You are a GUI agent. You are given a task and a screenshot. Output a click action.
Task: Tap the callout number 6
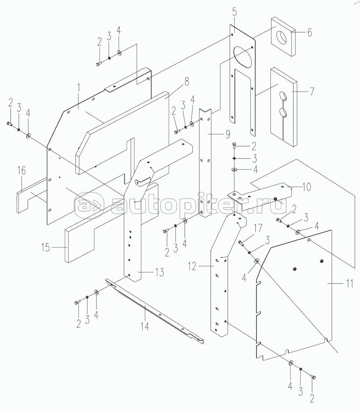310,32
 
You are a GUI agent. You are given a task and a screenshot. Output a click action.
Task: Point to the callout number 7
312,91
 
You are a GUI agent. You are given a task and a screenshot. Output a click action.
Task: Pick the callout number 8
187,82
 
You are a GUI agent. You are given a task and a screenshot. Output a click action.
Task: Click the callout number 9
228,134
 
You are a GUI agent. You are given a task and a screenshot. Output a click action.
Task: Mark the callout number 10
307,187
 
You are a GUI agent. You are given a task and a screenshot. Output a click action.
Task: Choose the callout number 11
350,283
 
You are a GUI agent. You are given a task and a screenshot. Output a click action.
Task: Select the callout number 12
192,266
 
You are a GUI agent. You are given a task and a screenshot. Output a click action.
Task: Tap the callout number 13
159,272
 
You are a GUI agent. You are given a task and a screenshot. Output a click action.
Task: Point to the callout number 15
46,248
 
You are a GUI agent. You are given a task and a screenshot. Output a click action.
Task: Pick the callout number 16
22,171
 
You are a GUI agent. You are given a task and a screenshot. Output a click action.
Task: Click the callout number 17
258,228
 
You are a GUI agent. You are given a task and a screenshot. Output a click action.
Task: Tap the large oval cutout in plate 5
243,57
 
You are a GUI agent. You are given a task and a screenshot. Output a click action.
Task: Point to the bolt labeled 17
241,243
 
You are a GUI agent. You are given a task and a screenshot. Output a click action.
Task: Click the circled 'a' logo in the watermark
89,205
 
